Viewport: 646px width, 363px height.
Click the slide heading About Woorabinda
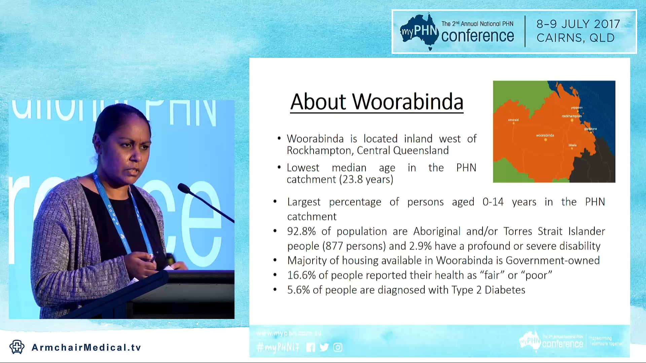point(376,102)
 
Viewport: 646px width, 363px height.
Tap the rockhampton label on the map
point(572,116)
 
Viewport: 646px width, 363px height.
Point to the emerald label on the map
point(513,120)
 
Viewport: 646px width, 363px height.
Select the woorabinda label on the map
point(545,135)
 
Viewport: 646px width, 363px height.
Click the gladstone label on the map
point(590,129)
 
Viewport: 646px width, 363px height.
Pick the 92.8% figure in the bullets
point(301,231)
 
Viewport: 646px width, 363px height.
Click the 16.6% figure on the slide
point(301,275)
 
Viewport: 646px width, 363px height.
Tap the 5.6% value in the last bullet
point(298,290)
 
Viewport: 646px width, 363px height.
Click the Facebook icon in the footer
point(311,347)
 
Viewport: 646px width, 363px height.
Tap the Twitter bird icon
point(324,347)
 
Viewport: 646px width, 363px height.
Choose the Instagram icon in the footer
point(338,347)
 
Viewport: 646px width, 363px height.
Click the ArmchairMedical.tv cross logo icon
point(17,347)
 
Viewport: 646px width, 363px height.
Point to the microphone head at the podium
point(184,188)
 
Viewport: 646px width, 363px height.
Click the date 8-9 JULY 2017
point(578,24)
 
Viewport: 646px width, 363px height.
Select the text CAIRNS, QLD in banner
point(575,38)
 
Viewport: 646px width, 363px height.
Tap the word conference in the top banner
point(477,36)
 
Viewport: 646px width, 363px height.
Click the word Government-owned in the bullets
point(552,260)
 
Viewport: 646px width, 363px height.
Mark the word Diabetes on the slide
point(505,290)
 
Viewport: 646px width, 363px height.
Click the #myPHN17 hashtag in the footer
point(278,347)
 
